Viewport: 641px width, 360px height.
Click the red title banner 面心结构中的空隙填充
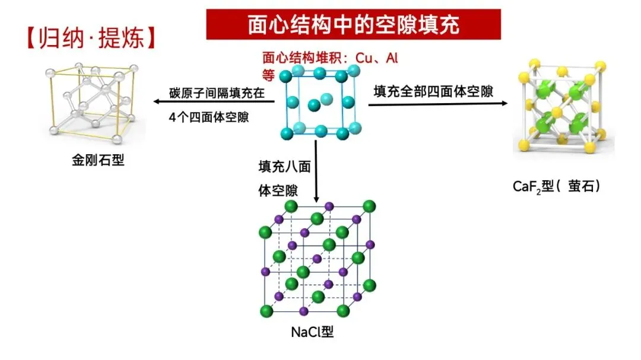[353, 24]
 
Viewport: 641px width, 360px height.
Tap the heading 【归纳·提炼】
[91, 38]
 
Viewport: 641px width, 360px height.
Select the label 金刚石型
[98, 160]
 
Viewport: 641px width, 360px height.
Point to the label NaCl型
[312, 332]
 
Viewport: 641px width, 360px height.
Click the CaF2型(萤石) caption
[556, 186]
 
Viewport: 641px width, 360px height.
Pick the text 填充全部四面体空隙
[433, 91]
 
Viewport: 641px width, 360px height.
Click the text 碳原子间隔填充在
[217, 93]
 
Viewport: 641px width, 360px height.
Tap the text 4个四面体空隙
[209, 117]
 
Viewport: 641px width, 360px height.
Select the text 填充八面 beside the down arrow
[284, 166]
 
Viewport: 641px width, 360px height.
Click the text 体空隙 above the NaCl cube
[278, 190]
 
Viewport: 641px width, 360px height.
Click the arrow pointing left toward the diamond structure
[214, 101]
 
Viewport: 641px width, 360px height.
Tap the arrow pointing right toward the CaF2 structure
[438, 104]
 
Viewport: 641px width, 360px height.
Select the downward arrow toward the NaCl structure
[316, 171]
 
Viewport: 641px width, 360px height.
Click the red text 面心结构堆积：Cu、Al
[330, 58]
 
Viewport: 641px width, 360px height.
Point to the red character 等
[269, 75]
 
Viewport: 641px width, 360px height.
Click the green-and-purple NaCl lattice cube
[317, 259]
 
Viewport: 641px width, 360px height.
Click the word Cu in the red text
[364, 58]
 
